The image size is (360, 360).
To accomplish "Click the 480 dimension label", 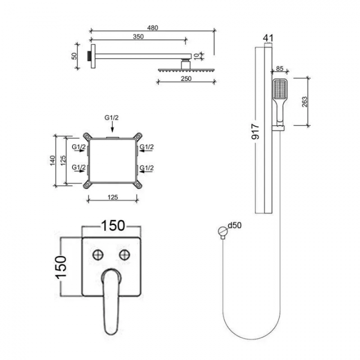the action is point(152,28).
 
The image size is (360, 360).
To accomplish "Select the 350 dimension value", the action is point(138,36).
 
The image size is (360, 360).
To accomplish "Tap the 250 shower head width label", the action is point(186,78).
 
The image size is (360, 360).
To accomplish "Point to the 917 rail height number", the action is point(255,131).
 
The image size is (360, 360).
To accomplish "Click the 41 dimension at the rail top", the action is point(268,38).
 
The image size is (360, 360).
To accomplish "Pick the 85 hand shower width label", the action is point(279,68).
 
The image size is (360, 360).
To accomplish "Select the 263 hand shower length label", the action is point(304,101).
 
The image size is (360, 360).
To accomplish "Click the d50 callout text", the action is point(234,225).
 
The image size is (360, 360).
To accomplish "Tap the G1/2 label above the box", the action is point(111,117).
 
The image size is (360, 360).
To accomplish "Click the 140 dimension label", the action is point(52,160).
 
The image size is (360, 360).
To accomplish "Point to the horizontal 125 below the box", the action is point(112,197).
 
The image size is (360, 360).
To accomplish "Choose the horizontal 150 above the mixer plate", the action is point(113,225).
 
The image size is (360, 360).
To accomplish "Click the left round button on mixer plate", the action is point(98,255).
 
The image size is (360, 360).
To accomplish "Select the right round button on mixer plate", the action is point(124,255).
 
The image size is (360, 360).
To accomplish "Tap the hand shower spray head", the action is point(279,89).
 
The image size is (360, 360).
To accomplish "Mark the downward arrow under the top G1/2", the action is point(112,126).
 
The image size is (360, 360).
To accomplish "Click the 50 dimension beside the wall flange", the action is point(74,56).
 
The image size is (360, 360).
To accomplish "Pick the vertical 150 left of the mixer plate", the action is point(61,266).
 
